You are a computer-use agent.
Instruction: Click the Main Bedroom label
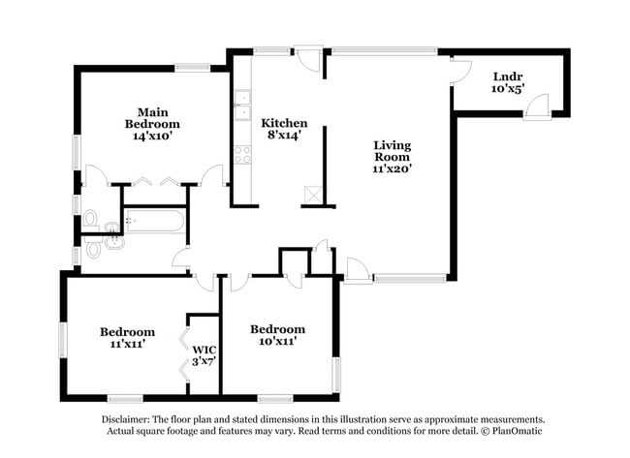point(152,118)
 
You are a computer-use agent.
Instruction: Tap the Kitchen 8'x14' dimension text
point(284,136)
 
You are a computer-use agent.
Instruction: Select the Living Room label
point(393,151)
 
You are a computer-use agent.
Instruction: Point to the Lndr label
point(508,76)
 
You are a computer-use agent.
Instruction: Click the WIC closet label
point(205,350)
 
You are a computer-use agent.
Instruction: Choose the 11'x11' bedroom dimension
point(127,344)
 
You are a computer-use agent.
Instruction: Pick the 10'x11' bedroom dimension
point(277,341)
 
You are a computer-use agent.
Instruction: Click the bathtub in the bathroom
point(155,221)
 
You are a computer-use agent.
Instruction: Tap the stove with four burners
point(243,155)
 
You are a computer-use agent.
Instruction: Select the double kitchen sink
point(242,106)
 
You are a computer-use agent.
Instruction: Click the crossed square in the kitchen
point(312,195)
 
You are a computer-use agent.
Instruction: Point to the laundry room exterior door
point(537,107)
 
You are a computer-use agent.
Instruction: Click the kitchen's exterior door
point(308,58)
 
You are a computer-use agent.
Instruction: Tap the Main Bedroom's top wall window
point(193,68)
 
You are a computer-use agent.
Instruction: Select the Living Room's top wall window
point(384,51)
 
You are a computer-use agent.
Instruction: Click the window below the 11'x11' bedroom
point(125,399)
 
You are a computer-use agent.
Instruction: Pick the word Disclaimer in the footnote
point(125,420)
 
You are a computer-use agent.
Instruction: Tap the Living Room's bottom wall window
point(410,278)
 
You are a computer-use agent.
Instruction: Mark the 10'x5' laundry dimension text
point(508,88)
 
